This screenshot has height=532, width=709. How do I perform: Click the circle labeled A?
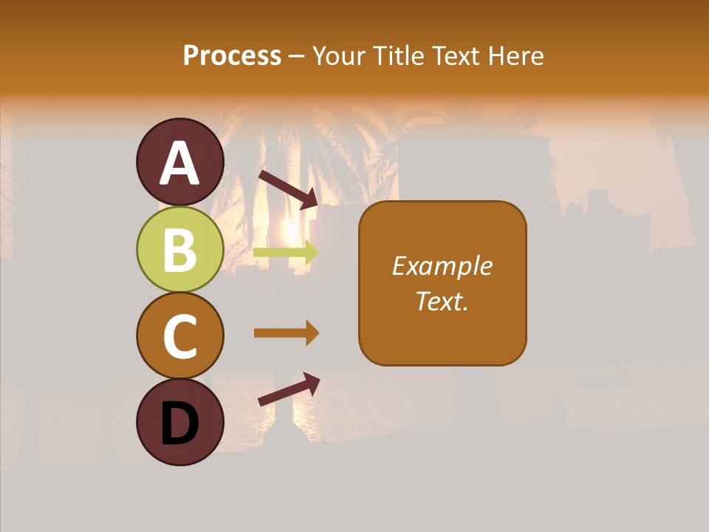(180, 162)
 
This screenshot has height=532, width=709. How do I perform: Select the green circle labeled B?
(180, 249)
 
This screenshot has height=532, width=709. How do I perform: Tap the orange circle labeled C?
(180, 335)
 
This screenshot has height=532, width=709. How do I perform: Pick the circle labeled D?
(180, 422)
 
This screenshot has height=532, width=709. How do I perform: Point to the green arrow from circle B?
(285, 252)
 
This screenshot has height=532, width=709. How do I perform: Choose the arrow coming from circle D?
(288, 390)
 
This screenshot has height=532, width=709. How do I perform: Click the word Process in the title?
(232, 55)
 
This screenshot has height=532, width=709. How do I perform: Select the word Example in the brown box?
(442, 266)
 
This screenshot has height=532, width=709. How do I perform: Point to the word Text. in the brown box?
(442, 301)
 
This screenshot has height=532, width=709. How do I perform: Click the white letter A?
(180, 163)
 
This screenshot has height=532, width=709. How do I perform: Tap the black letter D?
(180, 423)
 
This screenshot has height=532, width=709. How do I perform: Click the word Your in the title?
(340, 55)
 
